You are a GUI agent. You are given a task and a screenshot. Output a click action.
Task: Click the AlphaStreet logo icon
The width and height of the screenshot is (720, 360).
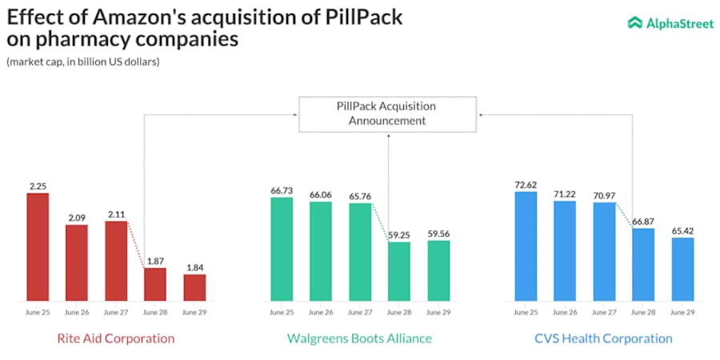tap(635, 23)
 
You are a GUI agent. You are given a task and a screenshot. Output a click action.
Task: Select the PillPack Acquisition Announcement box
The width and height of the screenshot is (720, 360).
tap(387, 114)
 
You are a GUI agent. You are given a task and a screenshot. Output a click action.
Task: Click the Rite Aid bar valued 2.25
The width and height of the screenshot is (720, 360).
tap(38, 246)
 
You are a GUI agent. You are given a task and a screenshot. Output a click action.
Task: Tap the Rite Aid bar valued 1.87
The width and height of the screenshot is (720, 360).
tap(155, 284)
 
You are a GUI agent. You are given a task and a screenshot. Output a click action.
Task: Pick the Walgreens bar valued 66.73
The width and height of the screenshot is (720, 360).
tap(282, 248)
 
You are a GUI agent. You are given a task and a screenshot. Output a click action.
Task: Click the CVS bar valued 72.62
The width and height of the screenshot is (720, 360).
tap(526, 246)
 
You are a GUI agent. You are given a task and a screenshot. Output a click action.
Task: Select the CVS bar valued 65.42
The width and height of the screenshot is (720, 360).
tap(682, 269)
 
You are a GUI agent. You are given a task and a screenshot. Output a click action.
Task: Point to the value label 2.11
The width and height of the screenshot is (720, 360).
tap(116, 214)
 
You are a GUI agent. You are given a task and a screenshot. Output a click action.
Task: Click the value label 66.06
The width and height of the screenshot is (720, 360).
tap(321, 194)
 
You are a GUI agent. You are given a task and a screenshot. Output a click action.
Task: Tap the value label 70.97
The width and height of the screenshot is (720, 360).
tap(604, 195)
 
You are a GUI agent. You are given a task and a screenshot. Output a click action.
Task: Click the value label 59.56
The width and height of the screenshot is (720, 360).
tap(438, 234)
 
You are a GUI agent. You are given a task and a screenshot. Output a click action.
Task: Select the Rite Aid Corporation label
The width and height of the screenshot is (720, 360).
tap(115, 338)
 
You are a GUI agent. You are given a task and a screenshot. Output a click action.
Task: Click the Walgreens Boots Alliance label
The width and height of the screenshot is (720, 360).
tap(359, 338)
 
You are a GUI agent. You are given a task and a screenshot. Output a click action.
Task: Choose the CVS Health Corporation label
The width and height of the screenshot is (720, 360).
tap(603, 338)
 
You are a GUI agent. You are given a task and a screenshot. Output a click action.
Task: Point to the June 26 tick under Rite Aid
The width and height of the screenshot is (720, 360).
tap(77, 312)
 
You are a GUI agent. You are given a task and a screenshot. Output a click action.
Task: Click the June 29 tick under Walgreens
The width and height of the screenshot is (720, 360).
tap(438, 312)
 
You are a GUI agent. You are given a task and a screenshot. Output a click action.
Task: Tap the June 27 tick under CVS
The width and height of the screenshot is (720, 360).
tap(604, 312)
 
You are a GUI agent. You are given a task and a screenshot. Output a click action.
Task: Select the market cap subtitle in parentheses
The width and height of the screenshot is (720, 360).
tap(82, 62)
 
